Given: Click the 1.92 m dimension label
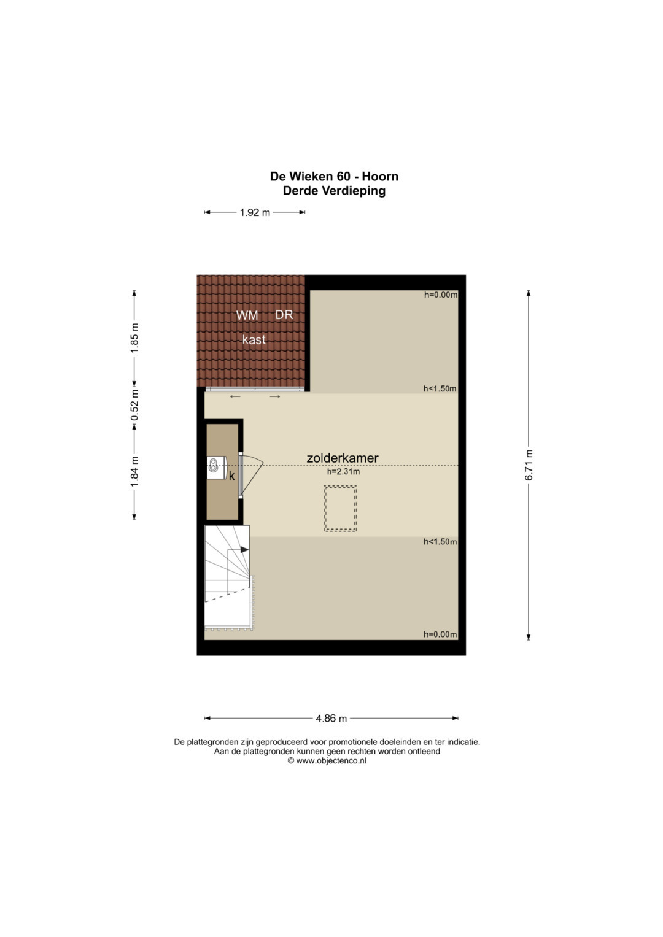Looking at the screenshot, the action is pyautogui.click(x=255, y=212).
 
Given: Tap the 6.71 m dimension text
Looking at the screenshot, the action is pyautogui.click(x=529, y=465).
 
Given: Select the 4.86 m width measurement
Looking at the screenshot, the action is pyautogui.click(x=331, y=718).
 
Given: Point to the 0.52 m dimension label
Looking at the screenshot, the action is pyautogui.click(x=134, y=405).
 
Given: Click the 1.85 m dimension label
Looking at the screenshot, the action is pyautogui.click(x=134, y=337).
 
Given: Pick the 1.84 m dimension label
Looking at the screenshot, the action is pyautogui.click(x=134, y=472).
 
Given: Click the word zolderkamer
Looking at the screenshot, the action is pyautogui.click(x=343, y=458).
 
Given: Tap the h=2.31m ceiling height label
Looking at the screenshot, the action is pyautogui.click(x=343, y=472).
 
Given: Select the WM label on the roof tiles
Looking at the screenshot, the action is pyautogui.click(x=247, y=315).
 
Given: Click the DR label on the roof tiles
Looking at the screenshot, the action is pyautogui.click(x=284, y=315).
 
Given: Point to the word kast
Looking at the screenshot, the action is pyautogui.click(x=254, y=339).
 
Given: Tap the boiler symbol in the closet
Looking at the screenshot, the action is pyautogui.click(x=216, y=467).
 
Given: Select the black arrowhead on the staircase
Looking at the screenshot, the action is pyautogui.click(x=244, y=550).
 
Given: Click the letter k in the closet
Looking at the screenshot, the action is pyautogui.click(x=232, y=476).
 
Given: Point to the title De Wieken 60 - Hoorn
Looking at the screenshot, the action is pyautogui.click(x=334, y=177).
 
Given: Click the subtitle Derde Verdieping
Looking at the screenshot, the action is pyautogui.click(x=334, y=191).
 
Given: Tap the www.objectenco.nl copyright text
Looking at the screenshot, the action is pyautogui.click(x=327, y=761).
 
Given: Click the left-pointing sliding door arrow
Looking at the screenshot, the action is pyautogui.click(x=235, y=396).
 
